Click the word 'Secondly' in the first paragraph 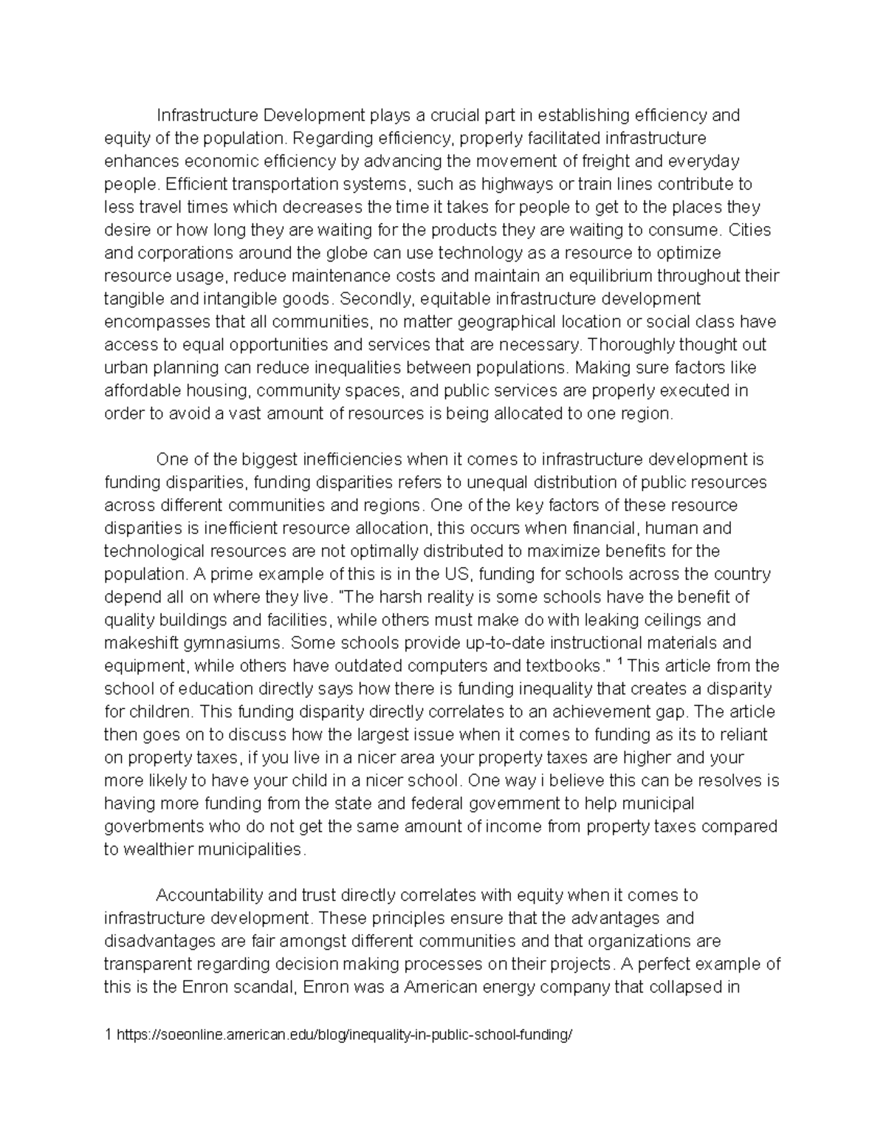[x=371, y=299]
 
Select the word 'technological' [x=155, y=551]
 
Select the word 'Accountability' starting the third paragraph [x=209, y=895]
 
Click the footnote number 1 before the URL [x=108, y=1035]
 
